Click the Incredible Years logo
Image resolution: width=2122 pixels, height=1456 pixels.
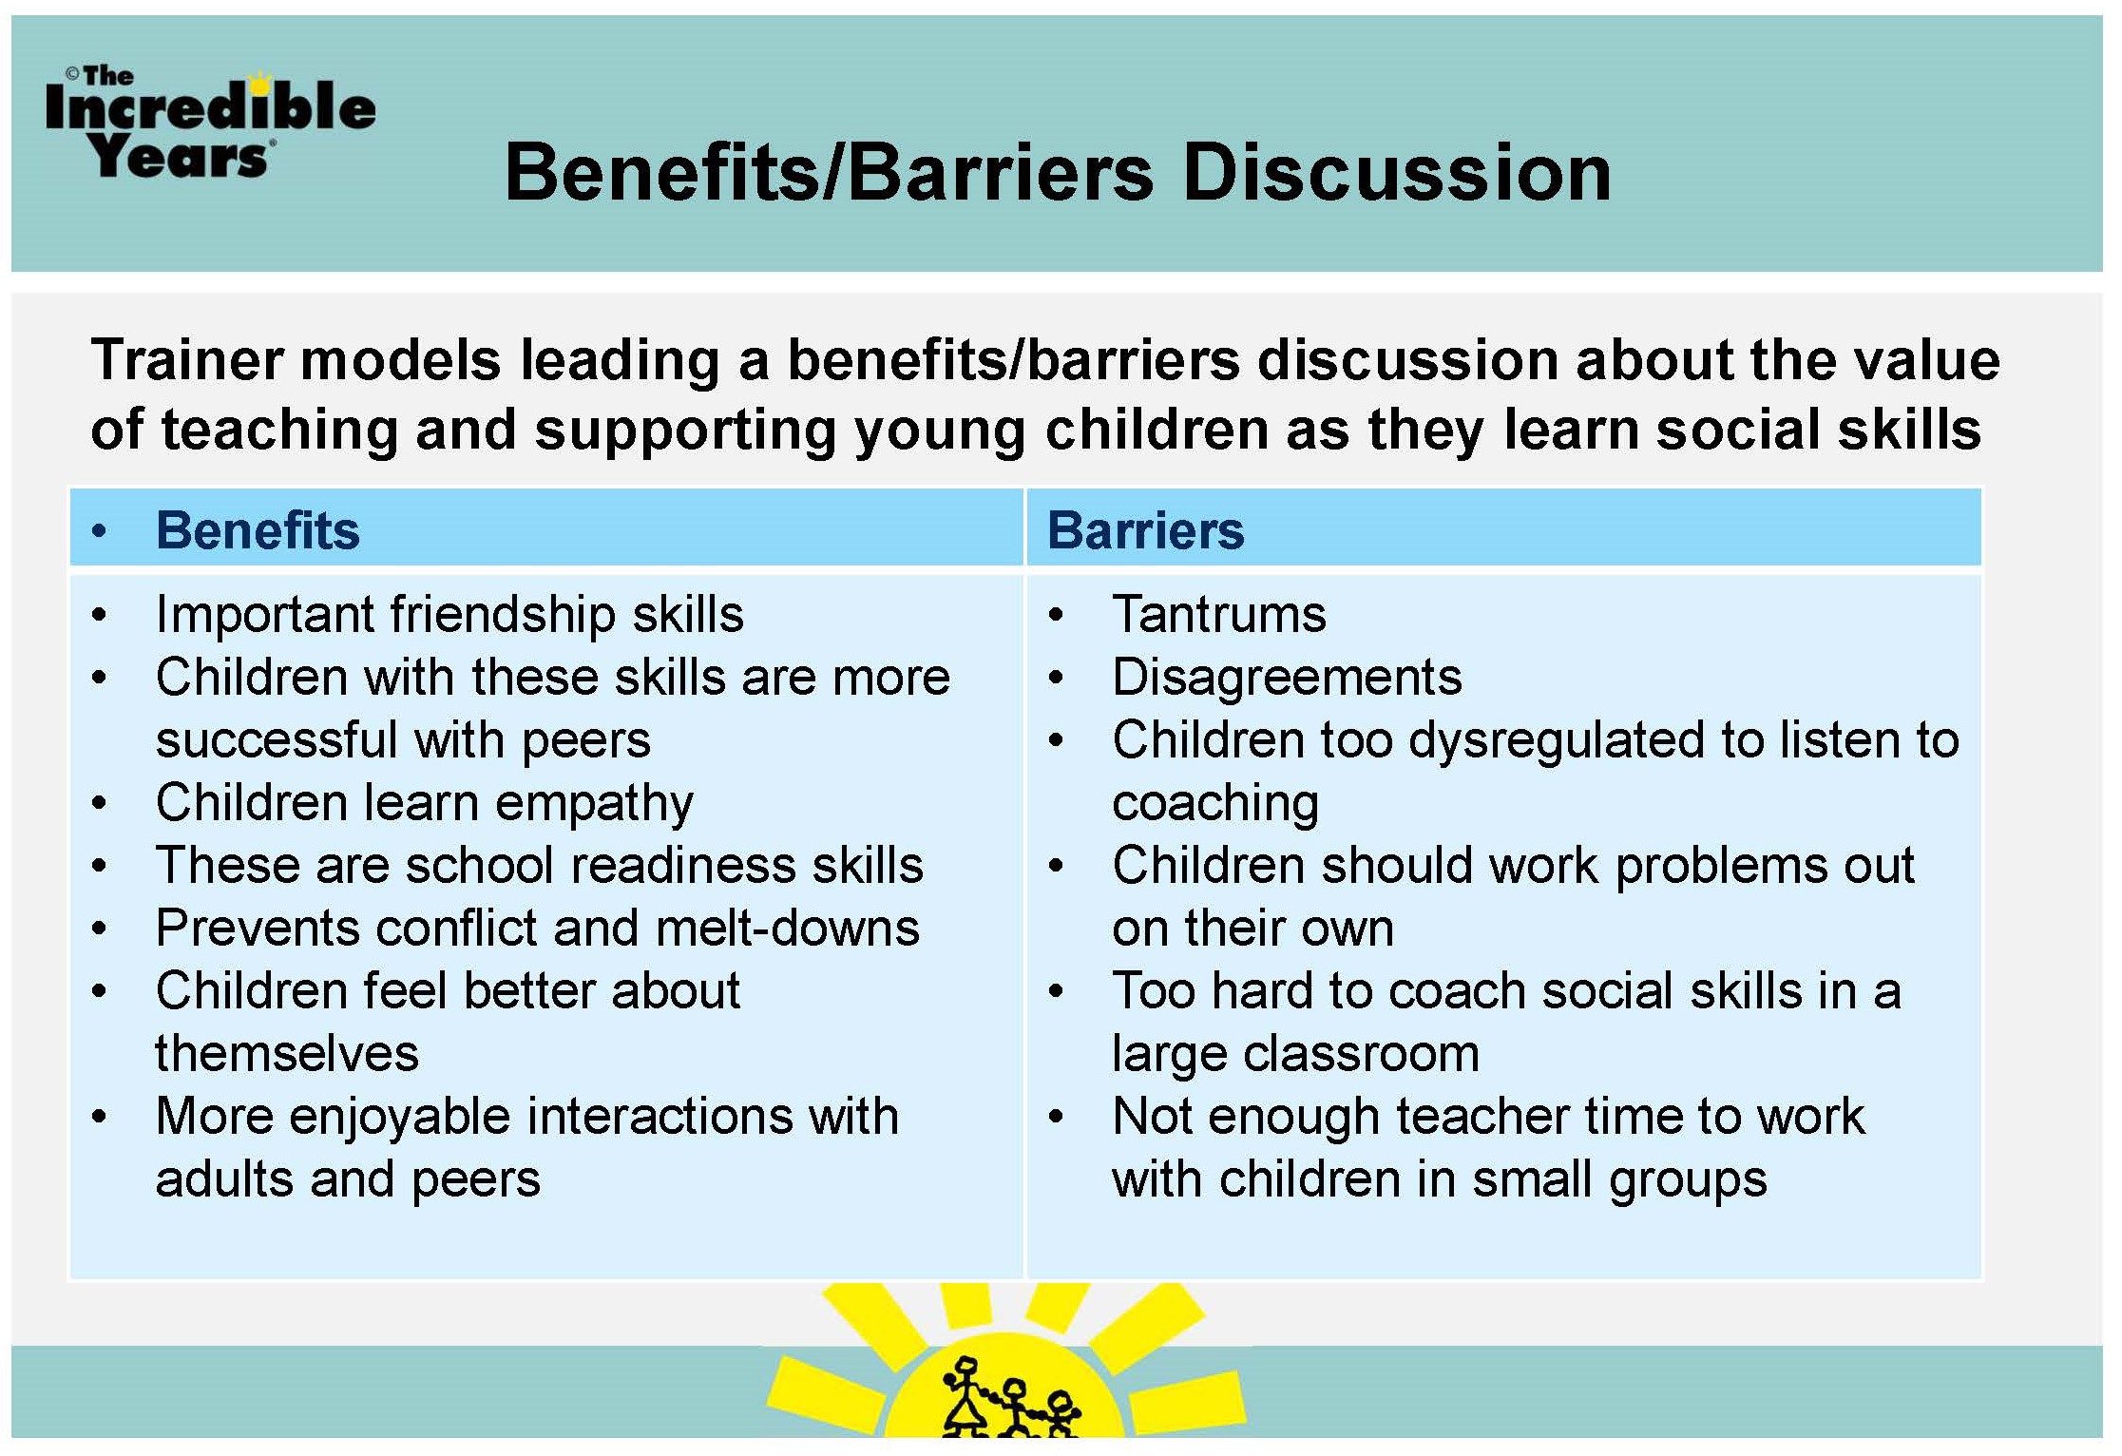210,123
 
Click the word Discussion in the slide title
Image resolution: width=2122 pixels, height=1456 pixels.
1397,173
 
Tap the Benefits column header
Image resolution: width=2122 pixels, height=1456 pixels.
258,530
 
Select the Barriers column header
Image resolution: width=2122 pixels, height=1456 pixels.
1145,530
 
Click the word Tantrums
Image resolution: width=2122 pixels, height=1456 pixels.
1219,614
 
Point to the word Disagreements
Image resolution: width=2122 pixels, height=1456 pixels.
1287,678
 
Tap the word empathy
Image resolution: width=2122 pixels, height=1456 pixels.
595,804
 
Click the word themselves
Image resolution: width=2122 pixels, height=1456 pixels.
287,1054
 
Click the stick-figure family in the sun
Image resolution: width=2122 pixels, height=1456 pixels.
1009,1397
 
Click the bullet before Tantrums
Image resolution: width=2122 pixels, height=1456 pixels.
1056,615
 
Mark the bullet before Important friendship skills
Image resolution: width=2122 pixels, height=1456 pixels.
99,615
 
